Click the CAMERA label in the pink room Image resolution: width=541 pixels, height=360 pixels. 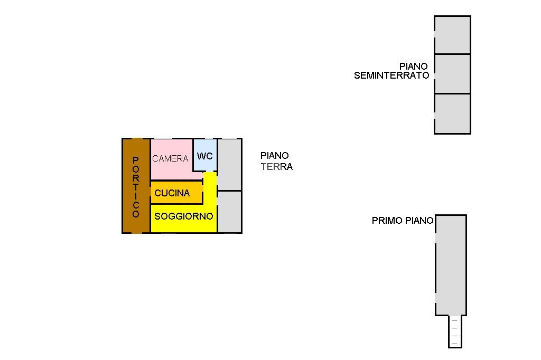(x=170, y=158)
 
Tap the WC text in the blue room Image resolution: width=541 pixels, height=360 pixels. (x=204, y=156)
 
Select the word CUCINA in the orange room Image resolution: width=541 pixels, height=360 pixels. (x=172, y=193)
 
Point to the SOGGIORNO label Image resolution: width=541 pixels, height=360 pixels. (x=183, y=216)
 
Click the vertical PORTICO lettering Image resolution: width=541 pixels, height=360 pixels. (x=136, y=187)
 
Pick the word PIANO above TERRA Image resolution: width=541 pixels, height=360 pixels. (x=275, y=156)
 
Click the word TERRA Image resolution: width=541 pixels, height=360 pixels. (x=277, y=167)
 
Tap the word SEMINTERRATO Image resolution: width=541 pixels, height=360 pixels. (x=391, y=75)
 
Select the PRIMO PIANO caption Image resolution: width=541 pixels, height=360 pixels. (x=403, y=220)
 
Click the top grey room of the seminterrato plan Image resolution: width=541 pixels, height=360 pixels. (x=452, y=35)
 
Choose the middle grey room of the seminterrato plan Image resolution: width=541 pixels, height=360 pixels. (x=452, y=74)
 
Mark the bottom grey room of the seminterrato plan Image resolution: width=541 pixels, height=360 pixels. (x=452, y=114)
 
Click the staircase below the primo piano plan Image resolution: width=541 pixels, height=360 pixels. (x=455, y=331)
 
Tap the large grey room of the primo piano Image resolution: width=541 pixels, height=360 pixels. (x=451, y=265)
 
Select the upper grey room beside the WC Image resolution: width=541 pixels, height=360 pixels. (x=229, y=165)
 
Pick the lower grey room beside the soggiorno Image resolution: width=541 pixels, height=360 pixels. (x=229, y=212)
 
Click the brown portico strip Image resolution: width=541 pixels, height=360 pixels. (x=136, y=186)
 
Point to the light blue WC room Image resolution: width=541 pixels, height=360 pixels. (x=205, y=155)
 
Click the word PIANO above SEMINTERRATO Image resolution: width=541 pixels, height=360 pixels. (x=414, y=66)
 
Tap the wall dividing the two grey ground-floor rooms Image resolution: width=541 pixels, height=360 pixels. (x=229, y=191)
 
